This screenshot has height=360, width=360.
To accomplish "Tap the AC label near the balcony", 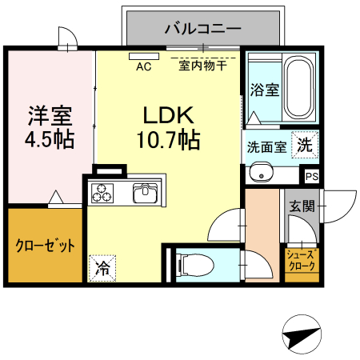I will (x=144, y=67).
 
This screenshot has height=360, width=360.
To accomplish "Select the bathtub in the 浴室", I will (x=299, y=88).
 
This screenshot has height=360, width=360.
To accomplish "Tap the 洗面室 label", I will (x=265, y=148).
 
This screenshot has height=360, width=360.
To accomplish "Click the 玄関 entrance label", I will (x=302, y=206).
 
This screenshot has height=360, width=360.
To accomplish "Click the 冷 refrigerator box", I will (x=102, y=266).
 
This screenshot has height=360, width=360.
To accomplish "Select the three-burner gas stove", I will (x=103, y=193).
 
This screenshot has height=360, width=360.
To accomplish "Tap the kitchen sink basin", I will (x=146, y=193).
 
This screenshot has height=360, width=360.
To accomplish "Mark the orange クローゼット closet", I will (x=45, y=246).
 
